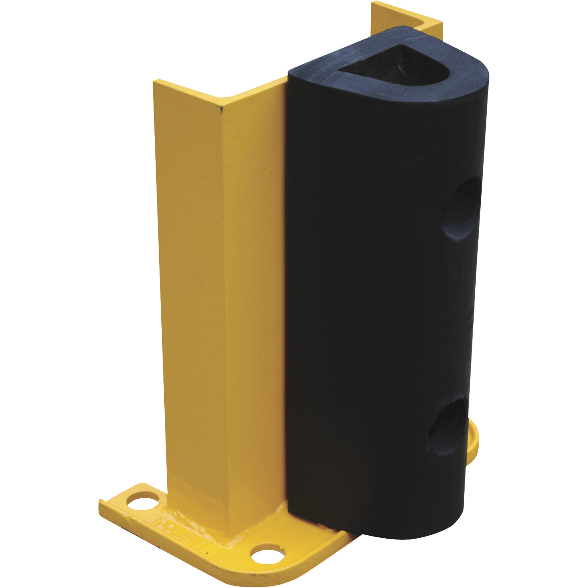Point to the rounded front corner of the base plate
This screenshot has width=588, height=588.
point(225,572)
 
